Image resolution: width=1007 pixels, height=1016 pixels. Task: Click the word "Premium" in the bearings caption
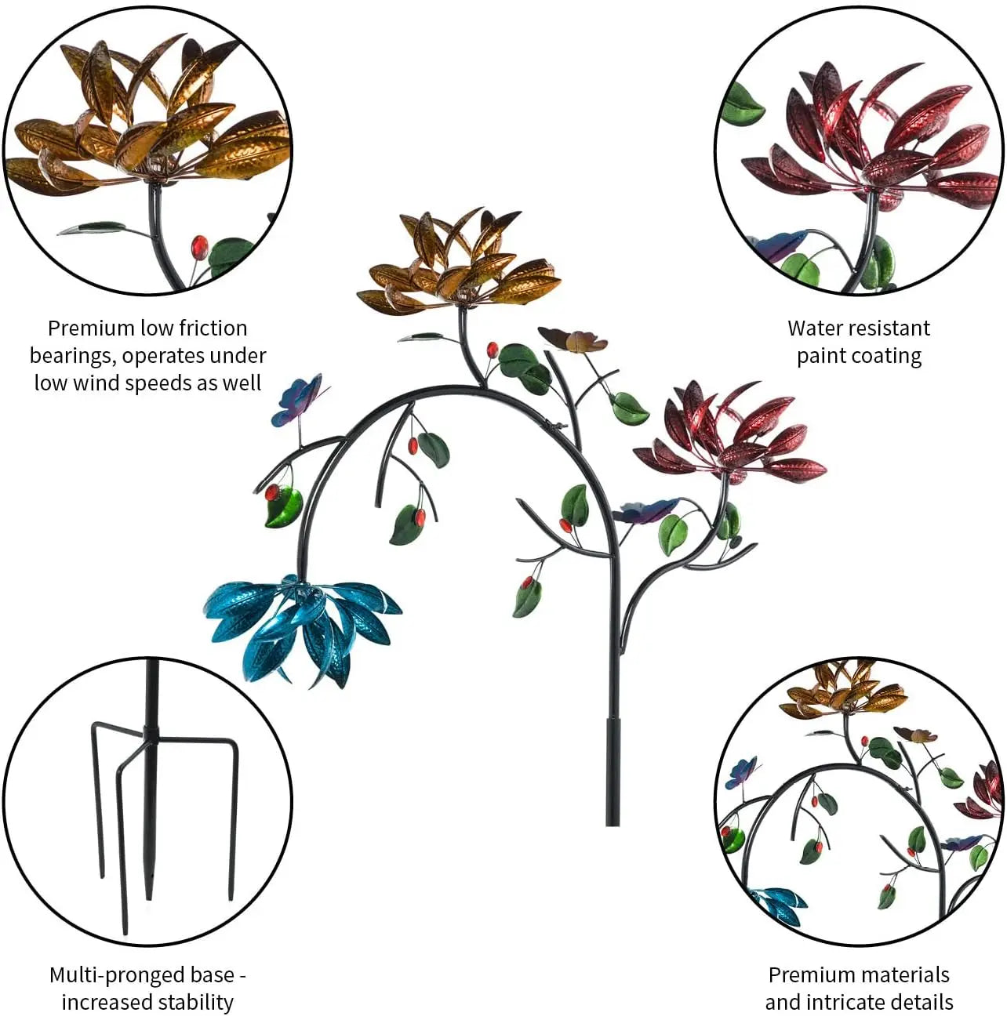coord(91,328)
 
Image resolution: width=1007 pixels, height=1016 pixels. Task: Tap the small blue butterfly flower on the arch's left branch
coord(296,401)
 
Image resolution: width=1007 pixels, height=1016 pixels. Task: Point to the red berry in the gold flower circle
coord(199,247)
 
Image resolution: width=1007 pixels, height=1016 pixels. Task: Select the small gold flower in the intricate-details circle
coord(844,691)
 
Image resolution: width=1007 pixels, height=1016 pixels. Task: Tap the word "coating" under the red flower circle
coord(884,356)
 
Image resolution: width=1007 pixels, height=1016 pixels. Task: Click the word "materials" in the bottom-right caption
coord(903,975)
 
